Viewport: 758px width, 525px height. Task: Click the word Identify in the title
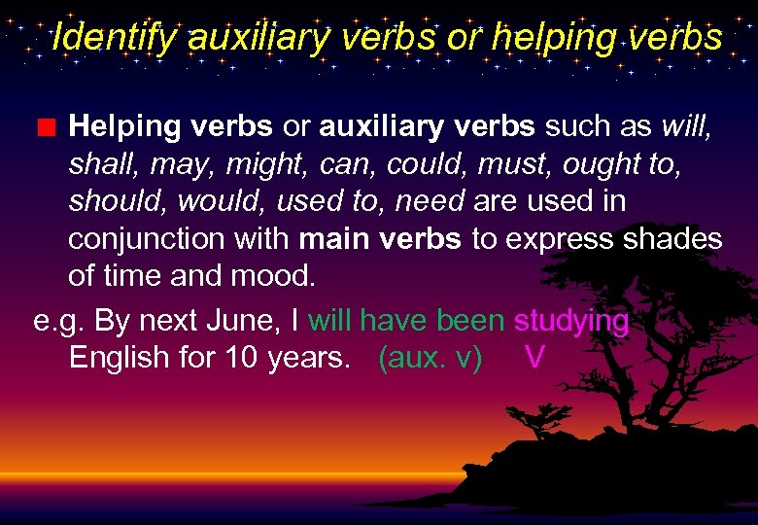(x=115, y=38)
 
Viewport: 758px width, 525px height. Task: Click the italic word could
(x=422, y=164)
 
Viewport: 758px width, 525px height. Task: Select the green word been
(x=471, y=321)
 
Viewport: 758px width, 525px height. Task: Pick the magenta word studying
(x=570, y=321)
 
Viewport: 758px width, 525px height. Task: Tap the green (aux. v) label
(x=431, y=358)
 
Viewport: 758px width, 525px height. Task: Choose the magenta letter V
(x=534, y=358)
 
